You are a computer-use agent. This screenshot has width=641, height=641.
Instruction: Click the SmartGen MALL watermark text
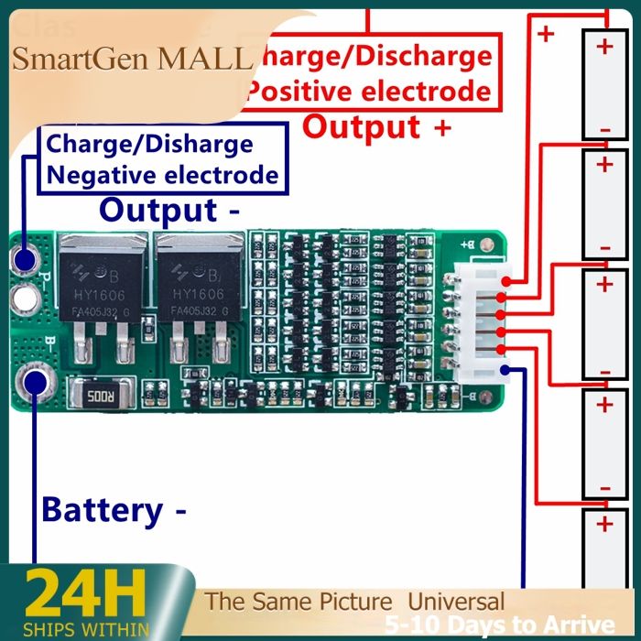[x=132, y=60]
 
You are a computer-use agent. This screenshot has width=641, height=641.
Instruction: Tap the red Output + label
[x=376, y=126]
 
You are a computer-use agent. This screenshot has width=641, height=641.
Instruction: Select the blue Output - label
[x=170, y=210]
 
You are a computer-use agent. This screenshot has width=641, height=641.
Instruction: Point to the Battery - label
[x=114, y=509]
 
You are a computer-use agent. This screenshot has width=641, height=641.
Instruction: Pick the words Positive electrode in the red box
[x=370, y=92]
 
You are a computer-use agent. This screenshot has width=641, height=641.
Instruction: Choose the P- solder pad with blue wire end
[x=25, y=260]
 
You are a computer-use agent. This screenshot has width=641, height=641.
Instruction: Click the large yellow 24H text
[x=85, y=594]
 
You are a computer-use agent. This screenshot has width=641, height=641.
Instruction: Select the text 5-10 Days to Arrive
[x=499, y=626]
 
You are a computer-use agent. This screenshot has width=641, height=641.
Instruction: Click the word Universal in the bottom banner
[x=456, y=602]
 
